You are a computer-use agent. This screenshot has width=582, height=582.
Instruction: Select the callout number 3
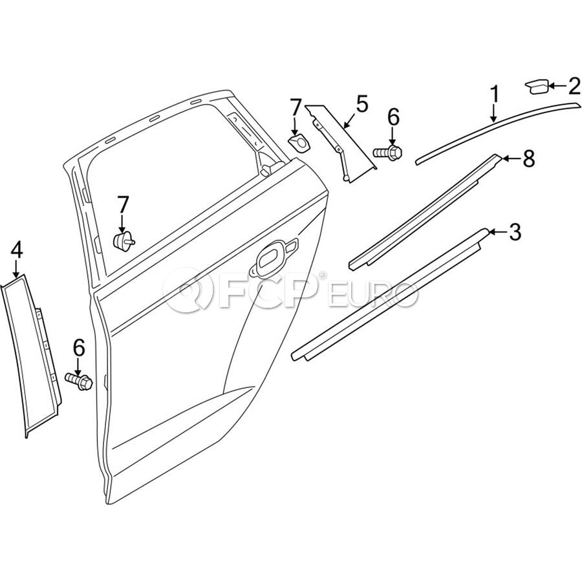[x=515, y=232]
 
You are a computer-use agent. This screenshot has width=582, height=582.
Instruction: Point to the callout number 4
[x=17, y=250]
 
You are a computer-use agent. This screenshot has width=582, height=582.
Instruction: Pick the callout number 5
[x=362, y=104]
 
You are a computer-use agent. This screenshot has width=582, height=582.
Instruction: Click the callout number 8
[x=528, y=158]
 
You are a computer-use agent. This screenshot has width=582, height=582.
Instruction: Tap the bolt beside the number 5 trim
[x=387, y=153]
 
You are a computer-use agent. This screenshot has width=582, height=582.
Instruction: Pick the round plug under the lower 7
[x=124, y=241]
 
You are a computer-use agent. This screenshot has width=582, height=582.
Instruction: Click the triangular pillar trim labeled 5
[x=339, y=143]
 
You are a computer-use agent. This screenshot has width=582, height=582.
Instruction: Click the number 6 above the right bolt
[x=393, y=118]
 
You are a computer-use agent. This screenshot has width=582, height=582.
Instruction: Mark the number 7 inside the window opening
[x=123, y=206]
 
